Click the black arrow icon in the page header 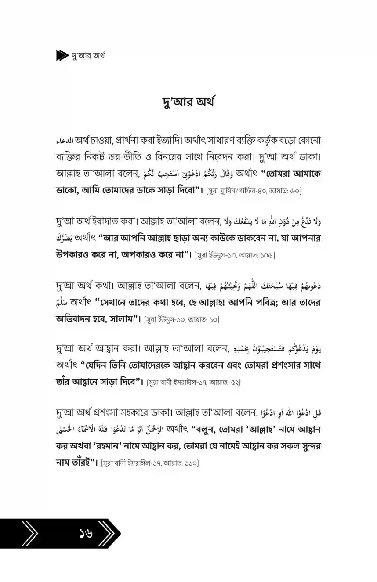click(x=63, y=56)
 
